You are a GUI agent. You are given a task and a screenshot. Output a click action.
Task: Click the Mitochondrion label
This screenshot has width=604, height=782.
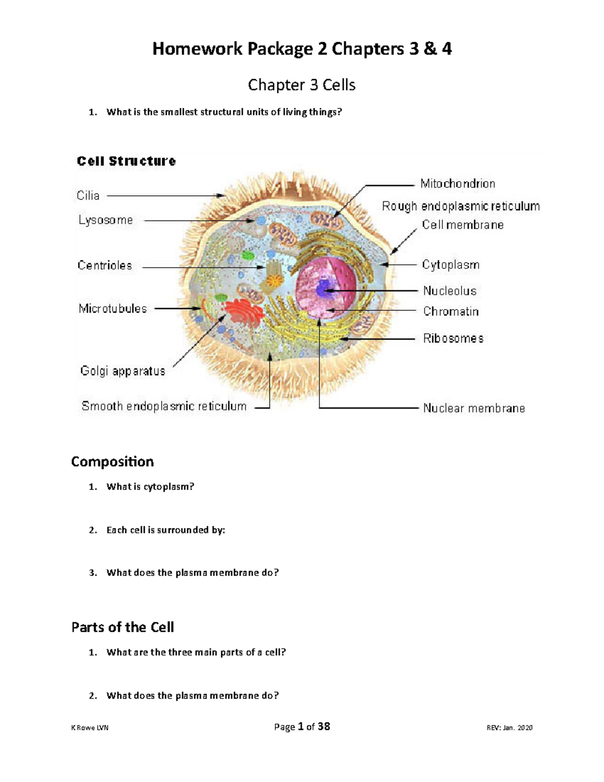click(458, 184)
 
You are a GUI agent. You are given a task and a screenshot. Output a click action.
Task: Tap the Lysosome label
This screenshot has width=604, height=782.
click(106, 220)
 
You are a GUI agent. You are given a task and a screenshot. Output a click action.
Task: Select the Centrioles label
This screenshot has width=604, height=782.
click(105, 265)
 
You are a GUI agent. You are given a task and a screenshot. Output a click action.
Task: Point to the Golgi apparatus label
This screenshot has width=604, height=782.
click(123, 371)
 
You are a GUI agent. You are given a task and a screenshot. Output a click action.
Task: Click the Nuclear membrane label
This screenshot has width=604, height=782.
click(474, 408)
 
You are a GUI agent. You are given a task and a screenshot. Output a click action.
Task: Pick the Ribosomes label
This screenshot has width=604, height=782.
click(453, 338)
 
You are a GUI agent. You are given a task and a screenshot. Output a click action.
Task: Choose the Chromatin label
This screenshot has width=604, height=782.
click(450, 312)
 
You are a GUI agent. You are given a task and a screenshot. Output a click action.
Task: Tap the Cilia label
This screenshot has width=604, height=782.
click(88, 195)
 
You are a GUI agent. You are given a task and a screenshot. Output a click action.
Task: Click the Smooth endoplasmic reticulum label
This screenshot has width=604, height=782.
click(164, 406)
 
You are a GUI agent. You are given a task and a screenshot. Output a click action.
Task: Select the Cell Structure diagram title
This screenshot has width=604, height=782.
click(126, 161)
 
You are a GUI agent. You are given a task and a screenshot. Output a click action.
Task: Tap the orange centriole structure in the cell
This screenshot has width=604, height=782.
click(273, 275)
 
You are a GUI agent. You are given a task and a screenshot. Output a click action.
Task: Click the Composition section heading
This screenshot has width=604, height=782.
click(112, 462)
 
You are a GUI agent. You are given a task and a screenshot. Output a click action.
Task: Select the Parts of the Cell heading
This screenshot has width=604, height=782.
click(123, 627)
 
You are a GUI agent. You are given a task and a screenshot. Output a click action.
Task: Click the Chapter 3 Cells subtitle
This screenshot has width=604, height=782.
click(301, 85)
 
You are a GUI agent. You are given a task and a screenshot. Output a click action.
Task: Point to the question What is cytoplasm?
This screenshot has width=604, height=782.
click(150, 487)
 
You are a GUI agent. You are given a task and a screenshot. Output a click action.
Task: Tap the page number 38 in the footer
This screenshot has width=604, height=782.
click(324, 727)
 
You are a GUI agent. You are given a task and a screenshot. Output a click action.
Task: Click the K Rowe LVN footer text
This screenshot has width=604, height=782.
click(90, 728)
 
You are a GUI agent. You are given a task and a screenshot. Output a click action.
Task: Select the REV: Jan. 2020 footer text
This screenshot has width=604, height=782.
click(509, 728)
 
